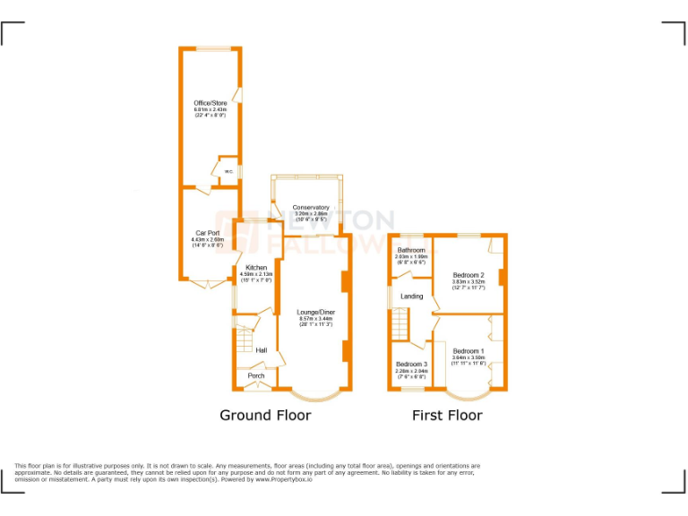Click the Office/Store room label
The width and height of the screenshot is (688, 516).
coord(211,103)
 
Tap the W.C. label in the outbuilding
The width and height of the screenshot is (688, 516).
coord(228,171)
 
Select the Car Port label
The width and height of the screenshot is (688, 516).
coord(208,233)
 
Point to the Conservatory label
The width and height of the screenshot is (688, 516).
coord(311,208)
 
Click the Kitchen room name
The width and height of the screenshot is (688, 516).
coord(256,268)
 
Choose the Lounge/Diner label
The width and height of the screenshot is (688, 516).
coord(315,312)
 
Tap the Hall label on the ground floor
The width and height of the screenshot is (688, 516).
coord(262,349)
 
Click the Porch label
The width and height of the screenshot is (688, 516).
coord(256,375)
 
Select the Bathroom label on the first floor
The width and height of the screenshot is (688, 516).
coord(411,250)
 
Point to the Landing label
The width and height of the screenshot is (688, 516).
coord(412,296)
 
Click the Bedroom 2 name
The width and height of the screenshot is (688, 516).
coord(469,275)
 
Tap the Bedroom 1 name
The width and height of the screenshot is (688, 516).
coord(469,350)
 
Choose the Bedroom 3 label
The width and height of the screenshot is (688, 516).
coord(412,365)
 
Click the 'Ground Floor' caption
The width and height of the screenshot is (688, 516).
coord(266,415)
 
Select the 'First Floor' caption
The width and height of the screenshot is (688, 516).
coord(447,415)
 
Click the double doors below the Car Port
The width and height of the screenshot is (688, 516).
coord(205,284)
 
